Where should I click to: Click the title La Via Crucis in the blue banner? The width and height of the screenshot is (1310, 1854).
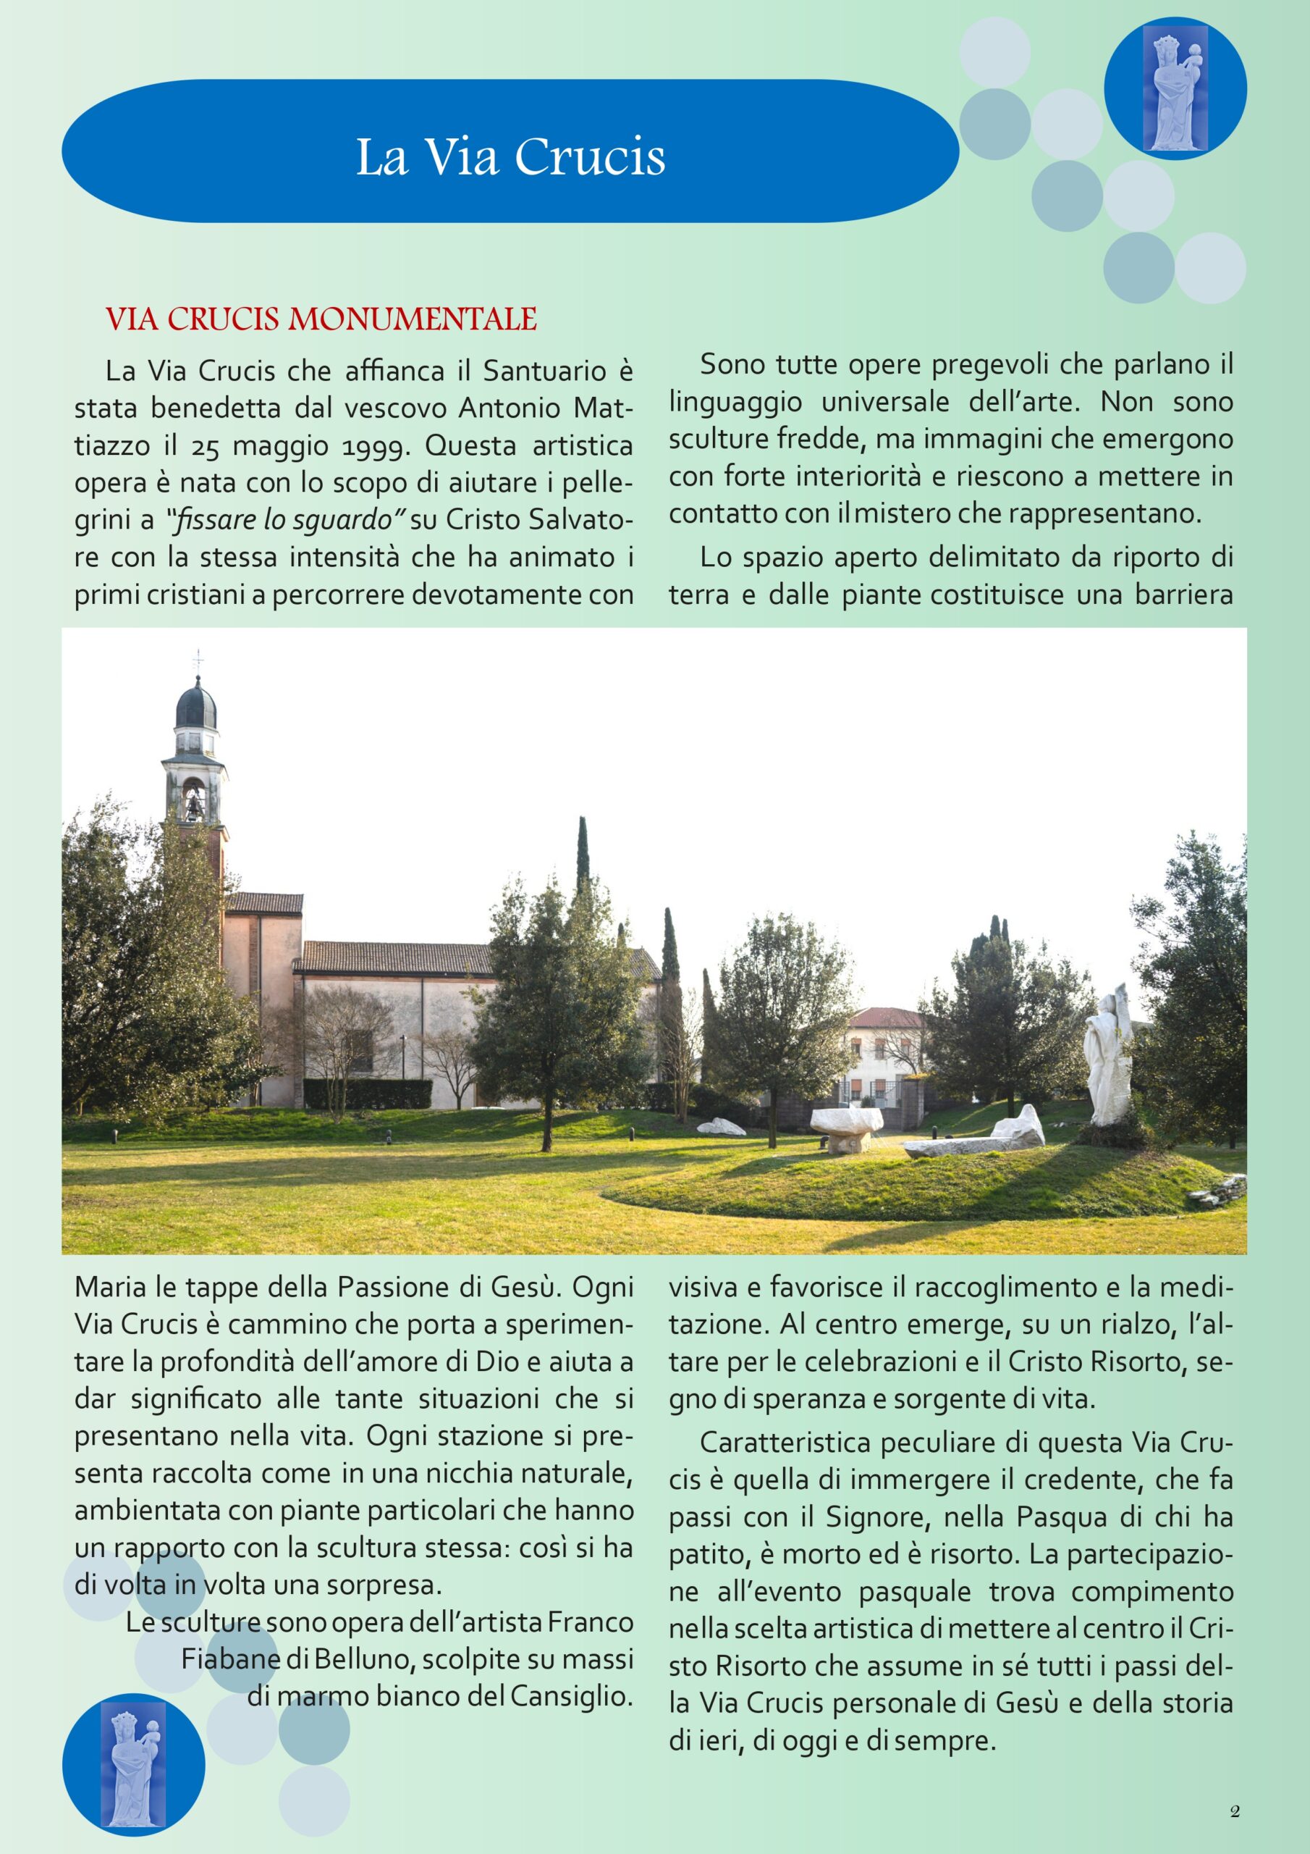click(510, 156)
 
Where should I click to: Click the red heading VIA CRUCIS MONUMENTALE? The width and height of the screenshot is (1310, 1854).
click(321, 320)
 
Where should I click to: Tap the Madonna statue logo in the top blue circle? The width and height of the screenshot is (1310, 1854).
click(1175, 89)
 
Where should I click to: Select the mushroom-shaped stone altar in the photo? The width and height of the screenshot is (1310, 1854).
click(843, 1124)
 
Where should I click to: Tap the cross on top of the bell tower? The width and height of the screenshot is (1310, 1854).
click(198, 660)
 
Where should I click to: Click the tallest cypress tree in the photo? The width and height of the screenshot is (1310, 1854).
click(583, 880)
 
